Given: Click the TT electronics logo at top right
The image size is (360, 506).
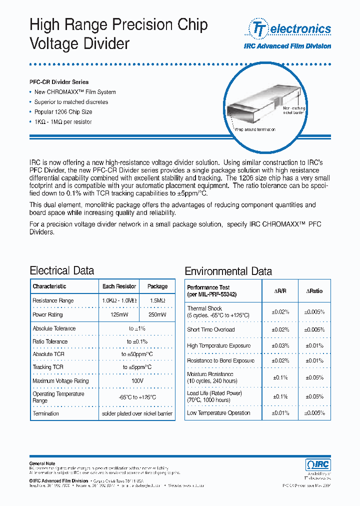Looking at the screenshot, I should point(290,29).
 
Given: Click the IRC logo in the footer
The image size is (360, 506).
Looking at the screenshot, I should point(318,465).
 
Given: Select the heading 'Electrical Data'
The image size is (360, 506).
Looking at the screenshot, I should point(62,270).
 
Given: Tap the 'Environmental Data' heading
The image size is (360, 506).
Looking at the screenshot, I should point(228,271).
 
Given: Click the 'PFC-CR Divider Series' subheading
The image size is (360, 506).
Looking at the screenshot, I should point(59,82).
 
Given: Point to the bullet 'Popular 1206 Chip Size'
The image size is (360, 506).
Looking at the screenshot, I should point(63,112).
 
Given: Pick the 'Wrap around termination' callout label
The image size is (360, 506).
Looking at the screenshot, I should point(255,129).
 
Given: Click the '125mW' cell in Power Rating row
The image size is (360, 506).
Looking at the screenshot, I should point(119,315).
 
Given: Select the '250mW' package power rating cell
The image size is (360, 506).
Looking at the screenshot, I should point(157,315).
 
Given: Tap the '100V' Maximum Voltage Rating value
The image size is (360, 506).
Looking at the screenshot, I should point(137,381).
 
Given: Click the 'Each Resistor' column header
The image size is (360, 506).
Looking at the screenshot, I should point(119,286).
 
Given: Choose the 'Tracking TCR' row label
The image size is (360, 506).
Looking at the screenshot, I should point(48,367).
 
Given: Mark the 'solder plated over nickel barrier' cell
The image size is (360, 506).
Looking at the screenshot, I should point(137,413).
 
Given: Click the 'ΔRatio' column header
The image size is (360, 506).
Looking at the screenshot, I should point(314,290).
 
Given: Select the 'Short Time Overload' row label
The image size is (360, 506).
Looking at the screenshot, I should point(210,329).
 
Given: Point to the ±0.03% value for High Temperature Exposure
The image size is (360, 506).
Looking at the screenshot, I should point(280,345).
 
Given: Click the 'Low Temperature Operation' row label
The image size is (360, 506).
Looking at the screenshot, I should point(218,413).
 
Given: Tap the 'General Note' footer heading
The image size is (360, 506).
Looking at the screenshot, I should point(42,463).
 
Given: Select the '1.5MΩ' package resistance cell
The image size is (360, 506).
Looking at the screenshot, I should point(157,300).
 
